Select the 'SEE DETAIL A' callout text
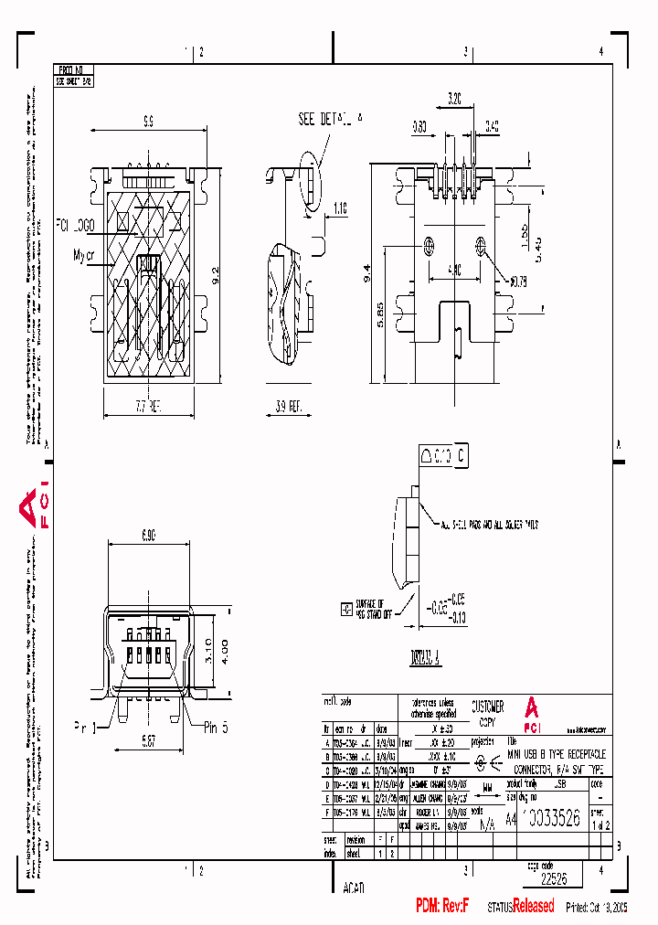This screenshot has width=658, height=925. [330, 119]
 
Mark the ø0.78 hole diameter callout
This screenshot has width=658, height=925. [519, 281]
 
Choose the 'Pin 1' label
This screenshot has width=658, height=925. [85, 728]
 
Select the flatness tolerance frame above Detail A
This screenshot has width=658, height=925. [444, 454]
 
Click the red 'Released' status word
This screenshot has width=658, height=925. [533, 906]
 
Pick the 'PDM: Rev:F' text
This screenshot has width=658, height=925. [442, 906]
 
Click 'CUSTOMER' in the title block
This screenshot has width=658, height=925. [487, 707]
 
